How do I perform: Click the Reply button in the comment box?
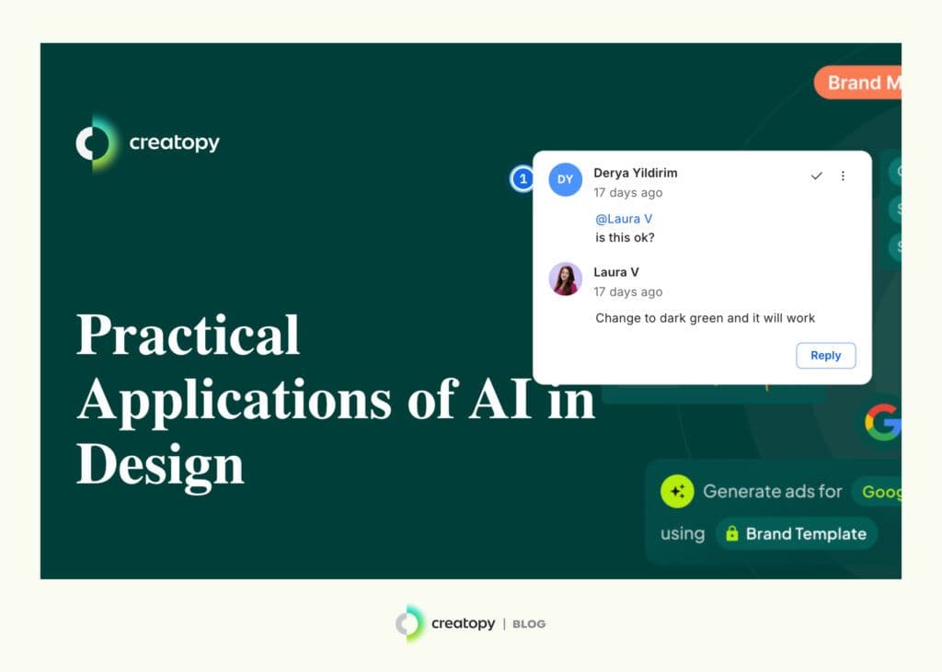click(x=825, y=356)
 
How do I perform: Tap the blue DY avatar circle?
click(x=565, y=179)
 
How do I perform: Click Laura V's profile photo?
click(x=565, y=279)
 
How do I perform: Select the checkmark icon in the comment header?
click(x=816, y=176)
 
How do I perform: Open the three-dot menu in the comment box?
click(x=843, y=176)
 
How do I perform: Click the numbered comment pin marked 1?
click(x=523, y=178)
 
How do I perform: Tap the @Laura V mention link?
click(x=624, y=219)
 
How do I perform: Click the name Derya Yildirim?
click(x=635, y=173)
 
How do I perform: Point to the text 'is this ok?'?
click(x=625, y=237)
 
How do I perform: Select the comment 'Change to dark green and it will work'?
click(x=705, y=318)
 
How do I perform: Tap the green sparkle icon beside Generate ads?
click(x=677, y=491)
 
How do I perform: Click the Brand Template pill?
click(x=797, y=533)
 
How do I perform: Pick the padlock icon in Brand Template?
click(x=732, y=533)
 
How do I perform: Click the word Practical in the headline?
click(x=188, y=336)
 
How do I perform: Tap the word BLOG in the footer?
click(x=529, y=624)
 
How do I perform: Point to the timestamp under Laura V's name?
click(x=627, y=291)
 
